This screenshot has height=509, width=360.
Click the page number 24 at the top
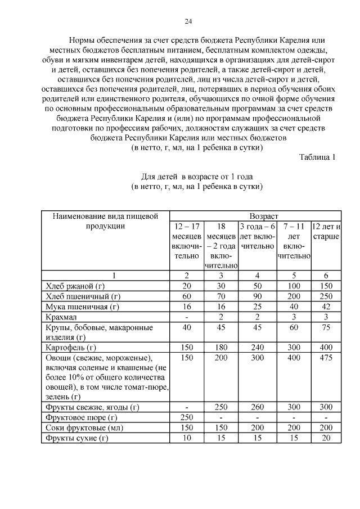[x=188, y=21]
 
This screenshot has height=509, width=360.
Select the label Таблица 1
[x=317, y=157]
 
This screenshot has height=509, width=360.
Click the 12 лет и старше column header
[x=326, y=231]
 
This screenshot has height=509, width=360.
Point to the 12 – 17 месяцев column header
[x=187, y=241]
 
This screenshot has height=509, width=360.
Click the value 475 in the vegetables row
[x=326, y=358]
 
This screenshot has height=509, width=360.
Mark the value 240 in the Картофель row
[x=257, y=347]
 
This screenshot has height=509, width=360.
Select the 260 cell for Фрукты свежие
[x=257, y=407]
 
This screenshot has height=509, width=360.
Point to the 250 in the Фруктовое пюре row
[x=187, y=417]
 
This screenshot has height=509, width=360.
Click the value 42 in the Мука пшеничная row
[x=326, y=307]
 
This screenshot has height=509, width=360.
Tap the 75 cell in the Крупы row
[x=326, y=327]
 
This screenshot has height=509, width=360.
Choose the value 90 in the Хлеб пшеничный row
[x=257, y=296]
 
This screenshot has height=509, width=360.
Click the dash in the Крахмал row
[x=187, y=317]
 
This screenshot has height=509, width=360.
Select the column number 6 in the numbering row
[x=326, y=275]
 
